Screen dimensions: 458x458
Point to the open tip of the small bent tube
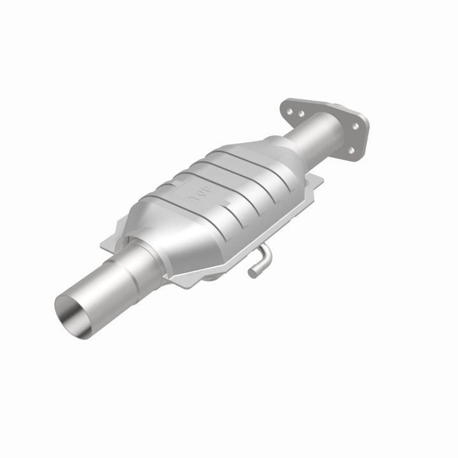(252, 273)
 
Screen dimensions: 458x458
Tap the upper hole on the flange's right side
(356, 125)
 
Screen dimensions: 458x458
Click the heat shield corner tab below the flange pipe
(314, 181)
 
